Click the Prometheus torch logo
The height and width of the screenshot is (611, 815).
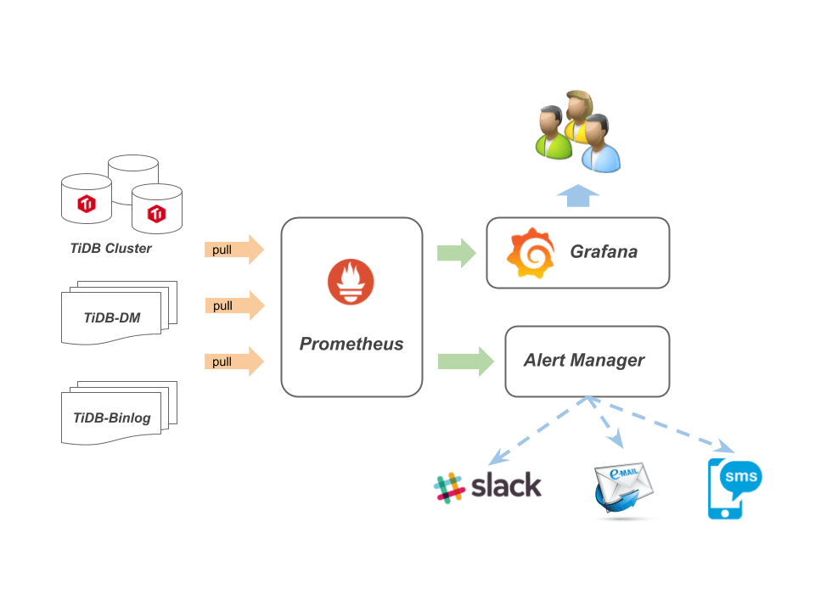click(351, 283)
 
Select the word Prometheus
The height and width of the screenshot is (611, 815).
click(351, 345)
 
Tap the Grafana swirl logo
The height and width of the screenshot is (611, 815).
click(530, 253)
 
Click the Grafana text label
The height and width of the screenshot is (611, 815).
click(603, 252)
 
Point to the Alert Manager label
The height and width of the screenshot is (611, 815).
click(584, 360)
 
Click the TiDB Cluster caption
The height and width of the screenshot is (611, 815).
click(111, 249)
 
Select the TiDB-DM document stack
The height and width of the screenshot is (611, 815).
click(115, 314)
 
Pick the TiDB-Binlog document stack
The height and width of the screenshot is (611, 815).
click(115, 414)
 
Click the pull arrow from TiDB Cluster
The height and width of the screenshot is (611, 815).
click(234, 250)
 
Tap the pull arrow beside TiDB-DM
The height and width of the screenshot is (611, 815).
click(234, 305)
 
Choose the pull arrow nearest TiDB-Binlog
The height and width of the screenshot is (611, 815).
click(234, 362)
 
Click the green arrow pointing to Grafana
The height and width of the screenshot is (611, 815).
click(457, 253)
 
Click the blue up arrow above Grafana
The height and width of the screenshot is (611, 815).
click(578, 195)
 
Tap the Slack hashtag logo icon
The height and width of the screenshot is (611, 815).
click(448, 487)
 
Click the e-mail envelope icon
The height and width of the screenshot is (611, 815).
click(623, 488)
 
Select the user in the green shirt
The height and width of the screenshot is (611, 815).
click(553, 134)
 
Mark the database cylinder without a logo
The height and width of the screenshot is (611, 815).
click(133, 178)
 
